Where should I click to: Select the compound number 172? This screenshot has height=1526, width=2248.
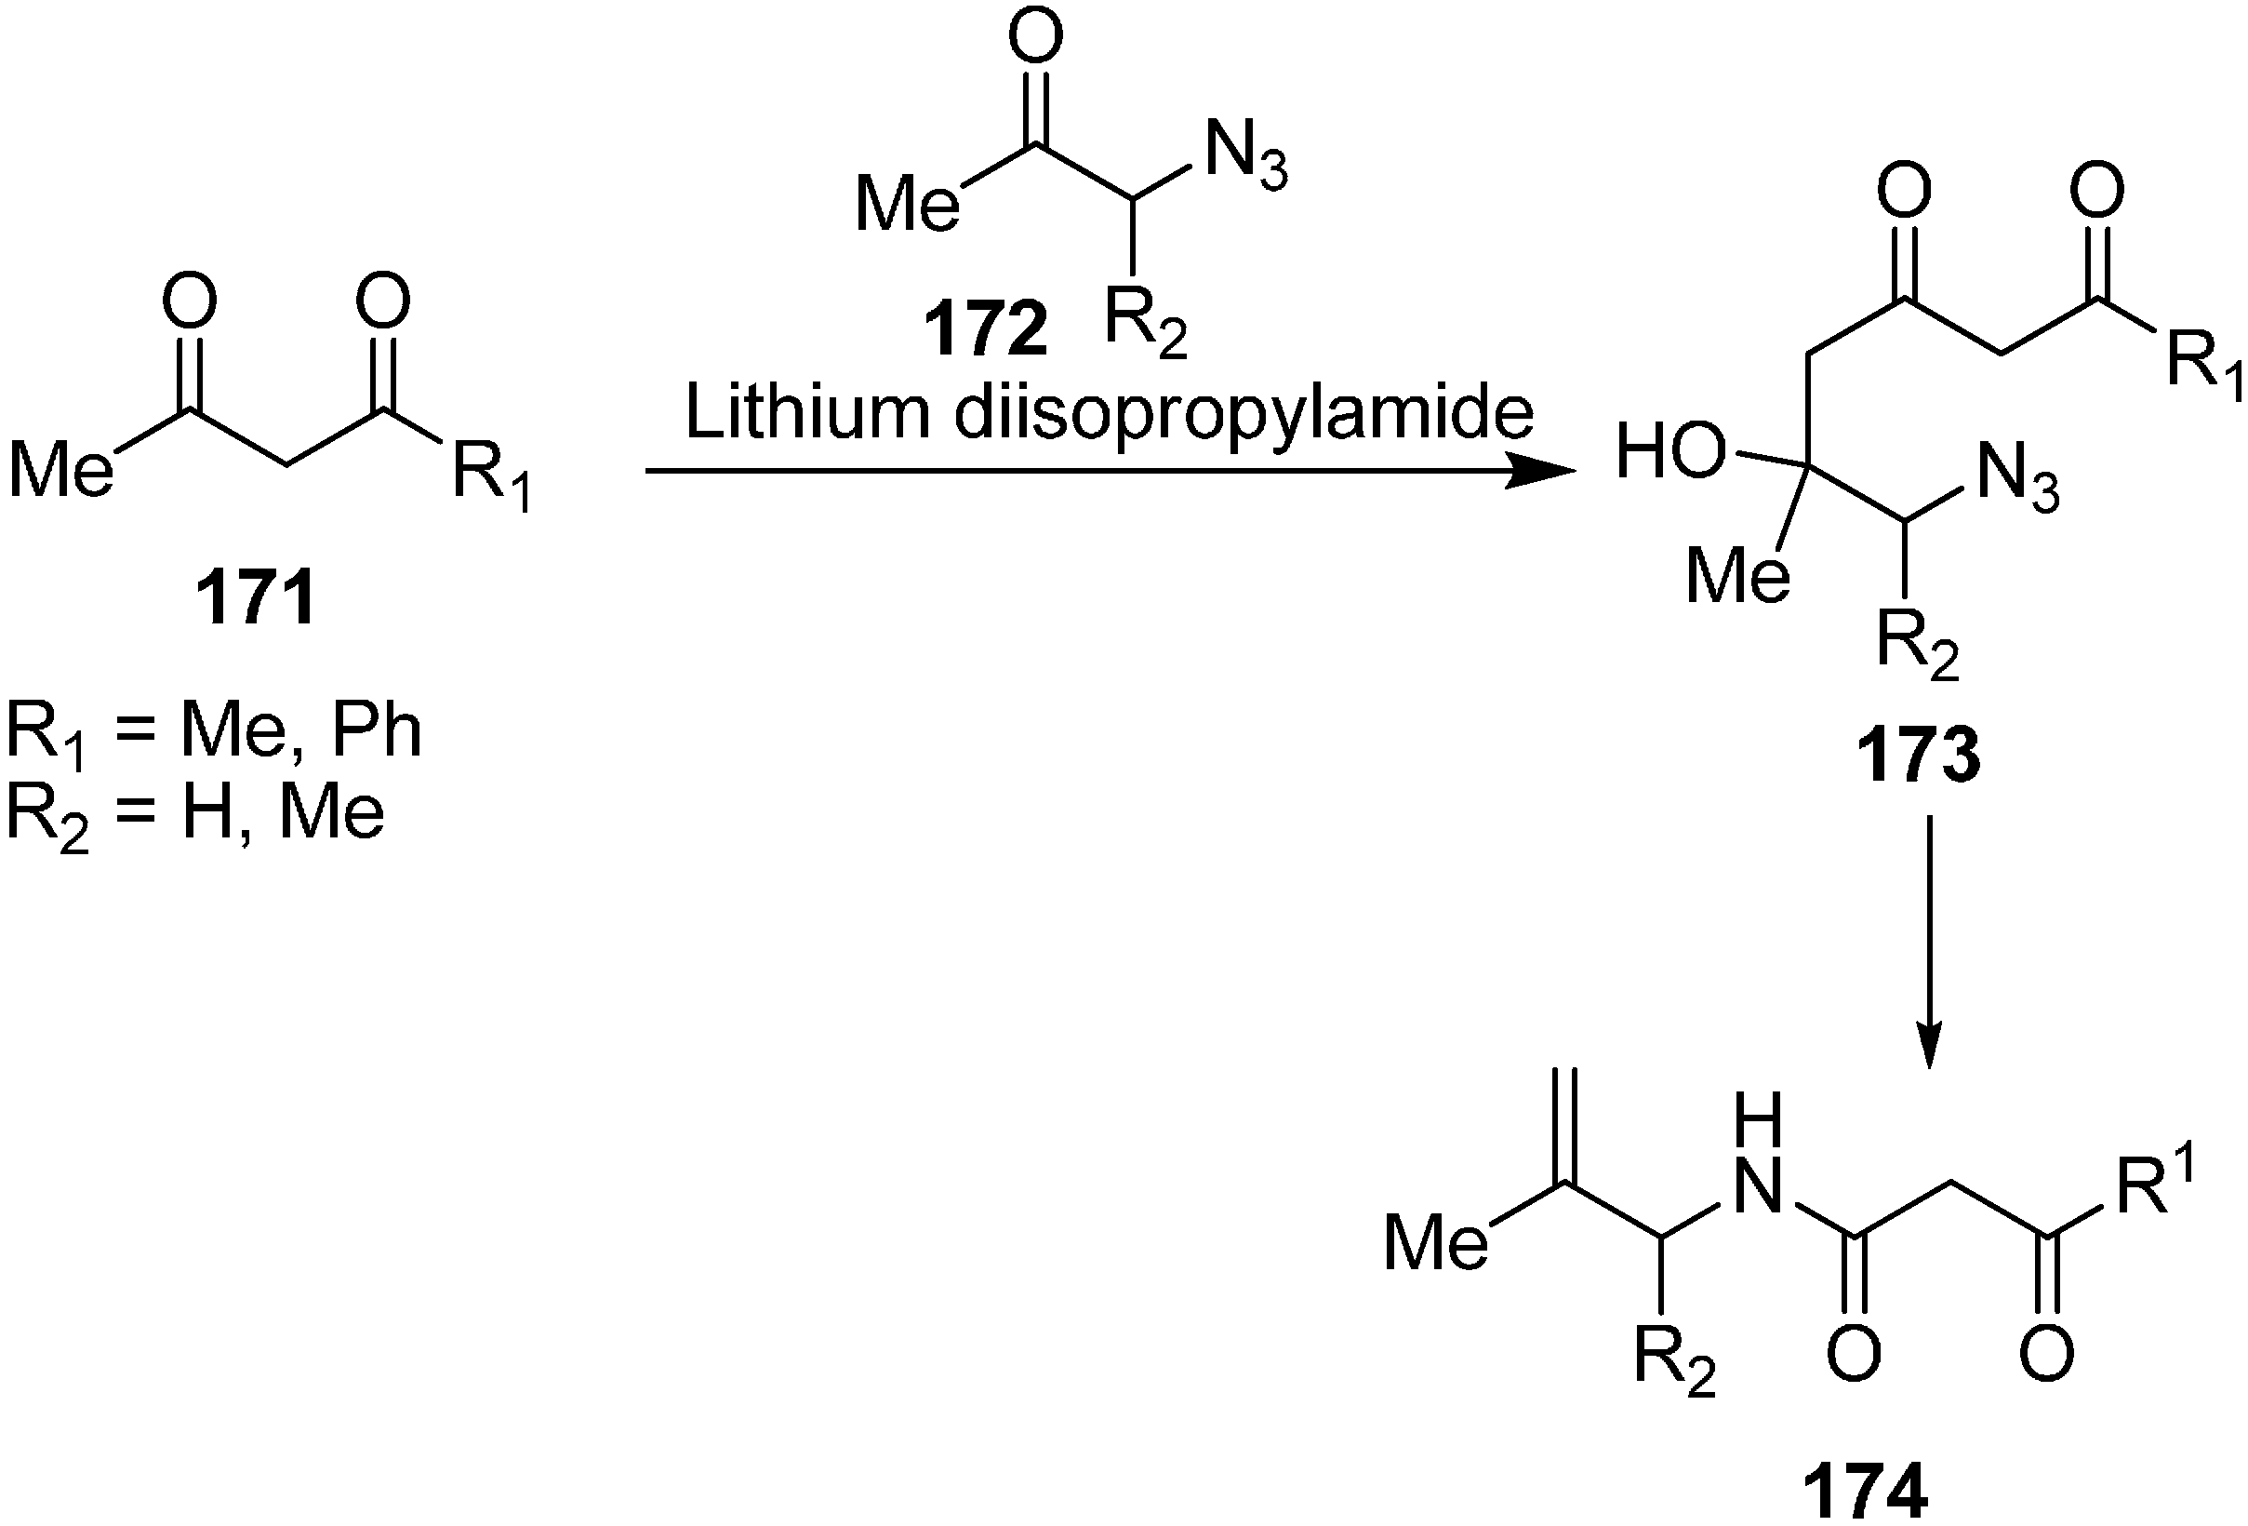pos(986,330)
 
